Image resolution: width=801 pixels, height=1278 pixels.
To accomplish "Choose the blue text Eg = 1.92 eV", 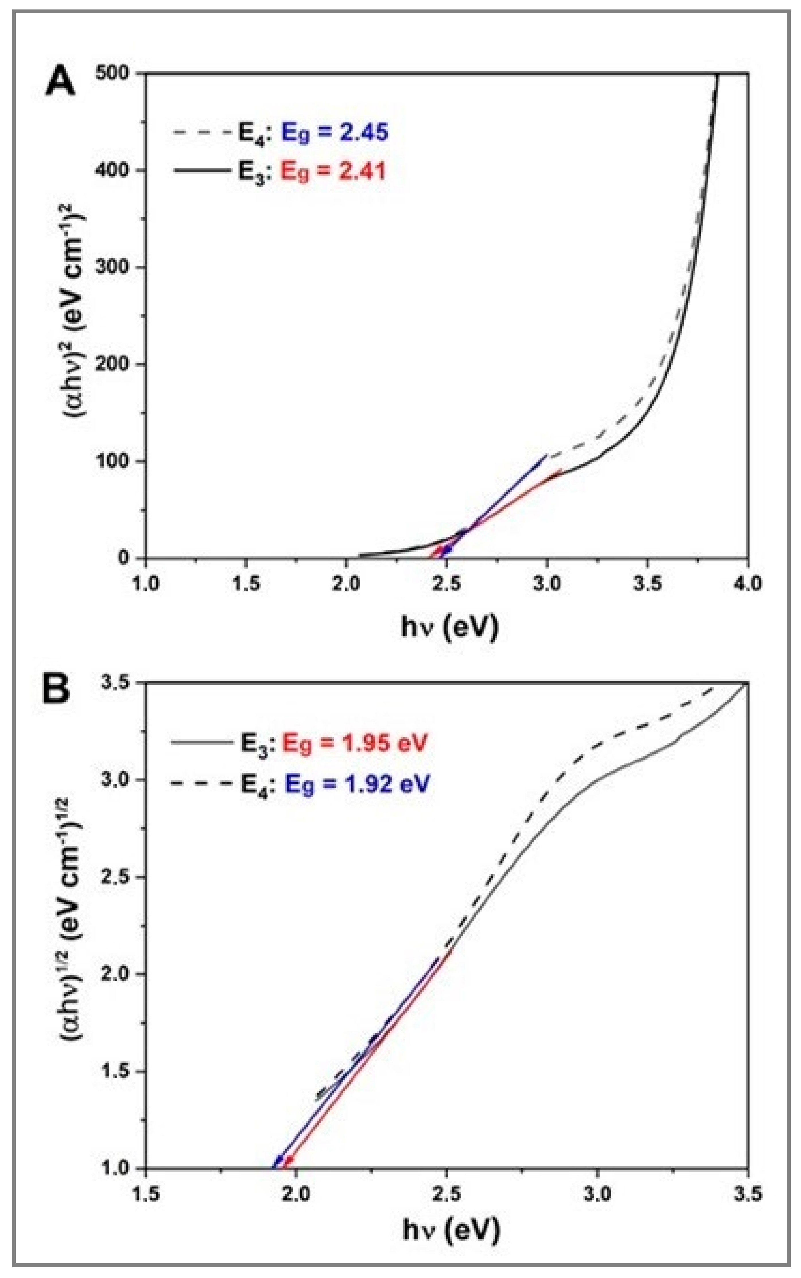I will (356, 783).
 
